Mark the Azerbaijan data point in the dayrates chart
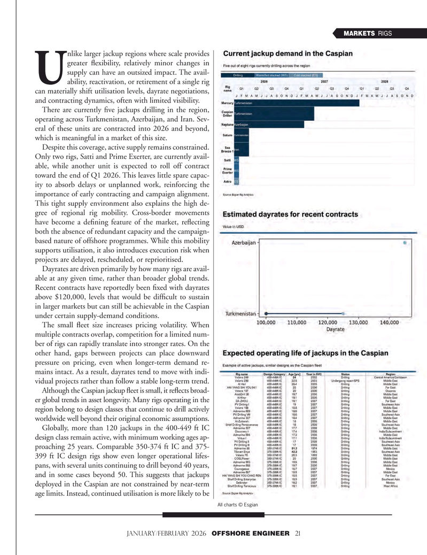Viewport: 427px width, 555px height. (405, 243)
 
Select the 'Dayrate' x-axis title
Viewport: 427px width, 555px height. (336, 329)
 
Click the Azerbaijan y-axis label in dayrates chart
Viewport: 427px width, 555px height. (242, 243)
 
